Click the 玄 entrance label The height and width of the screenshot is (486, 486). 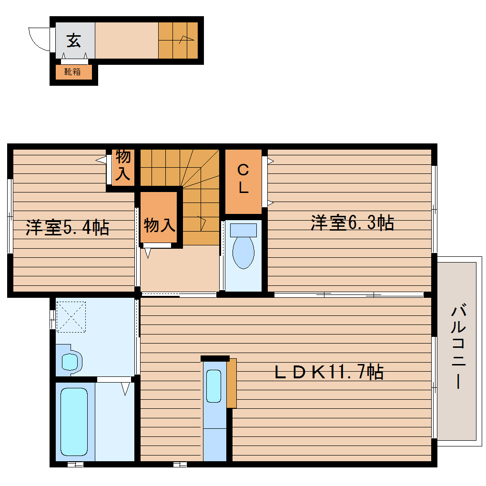point(73,40)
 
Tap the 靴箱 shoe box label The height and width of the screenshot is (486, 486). point(72,72)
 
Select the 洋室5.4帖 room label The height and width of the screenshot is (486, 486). point(68,227)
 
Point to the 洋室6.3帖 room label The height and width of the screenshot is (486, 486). point(352,223)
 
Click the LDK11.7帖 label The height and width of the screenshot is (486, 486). point(329,372)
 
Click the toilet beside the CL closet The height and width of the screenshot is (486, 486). point(243,248)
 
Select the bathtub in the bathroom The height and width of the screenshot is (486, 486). point(74,422)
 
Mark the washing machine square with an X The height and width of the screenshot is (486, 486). point(71,316)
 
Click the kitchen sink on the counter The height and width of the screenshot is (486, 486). point(214,386)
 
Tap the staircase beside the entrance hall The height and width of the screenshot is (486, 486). point(177,40)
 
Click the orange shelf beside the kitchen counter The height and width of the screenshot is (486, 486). point(232,383)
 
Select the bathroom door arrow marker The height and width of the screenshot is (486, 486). point(125,388)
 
